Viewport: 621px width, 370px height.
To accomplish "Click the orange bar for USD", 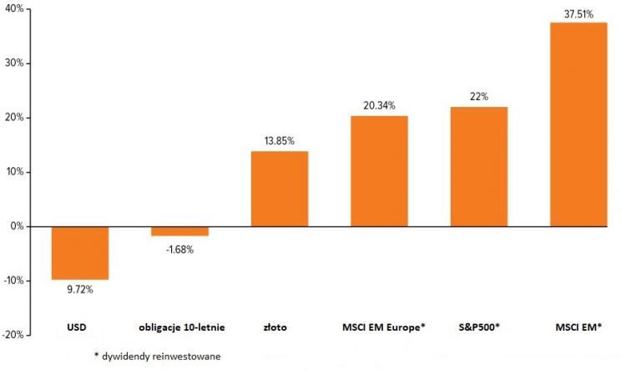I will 80,252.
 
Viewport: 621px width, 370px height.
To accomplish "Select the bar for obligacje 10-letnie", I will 179,231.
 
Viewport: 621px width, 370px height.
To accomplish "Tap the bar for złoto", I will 280,189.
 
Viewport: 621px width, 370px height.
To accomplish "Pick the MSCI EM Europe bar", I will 379,171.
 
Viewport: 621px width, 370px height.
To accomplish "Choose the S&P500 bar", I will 478,166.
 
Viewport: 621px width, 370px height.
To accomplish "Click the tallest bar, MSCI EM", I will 578,124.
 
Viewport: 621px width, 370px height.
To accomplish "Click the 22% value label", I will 478,96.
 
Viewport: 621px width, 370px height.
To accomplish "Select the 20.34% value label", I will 379,105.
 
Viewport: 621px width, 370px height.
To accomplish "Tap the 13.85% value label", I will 280,141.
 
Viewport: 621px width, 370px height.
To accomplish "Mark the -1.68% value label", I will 179,250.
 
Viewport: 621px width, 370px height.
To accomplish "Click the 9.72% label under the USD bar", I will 80,289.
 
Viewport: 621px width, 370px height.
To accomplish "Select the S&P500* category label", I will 478,327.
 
